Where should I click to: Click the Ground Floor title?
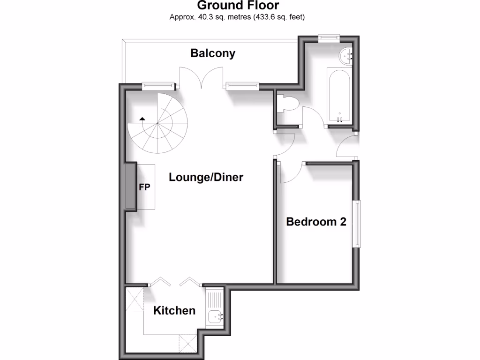[x=238, y=6]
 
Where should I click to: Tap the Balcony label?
[x=212, y=53]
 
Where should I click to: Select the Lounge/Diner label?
[x=206, y=178]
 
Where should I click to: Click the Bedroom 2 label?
[x=316, y=222]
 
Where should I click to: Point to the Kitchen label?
[x=174, y=310]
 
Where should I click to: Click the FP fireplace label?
[x=144, y=187]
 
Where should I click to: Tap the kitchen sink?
[x=216, y=316]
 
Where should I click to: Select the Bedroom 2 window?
[x=357, y=224]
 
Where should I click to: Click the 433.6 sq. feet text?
[x=281, y=18]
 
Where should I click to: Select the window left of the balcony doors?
[x=158, y=86]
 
